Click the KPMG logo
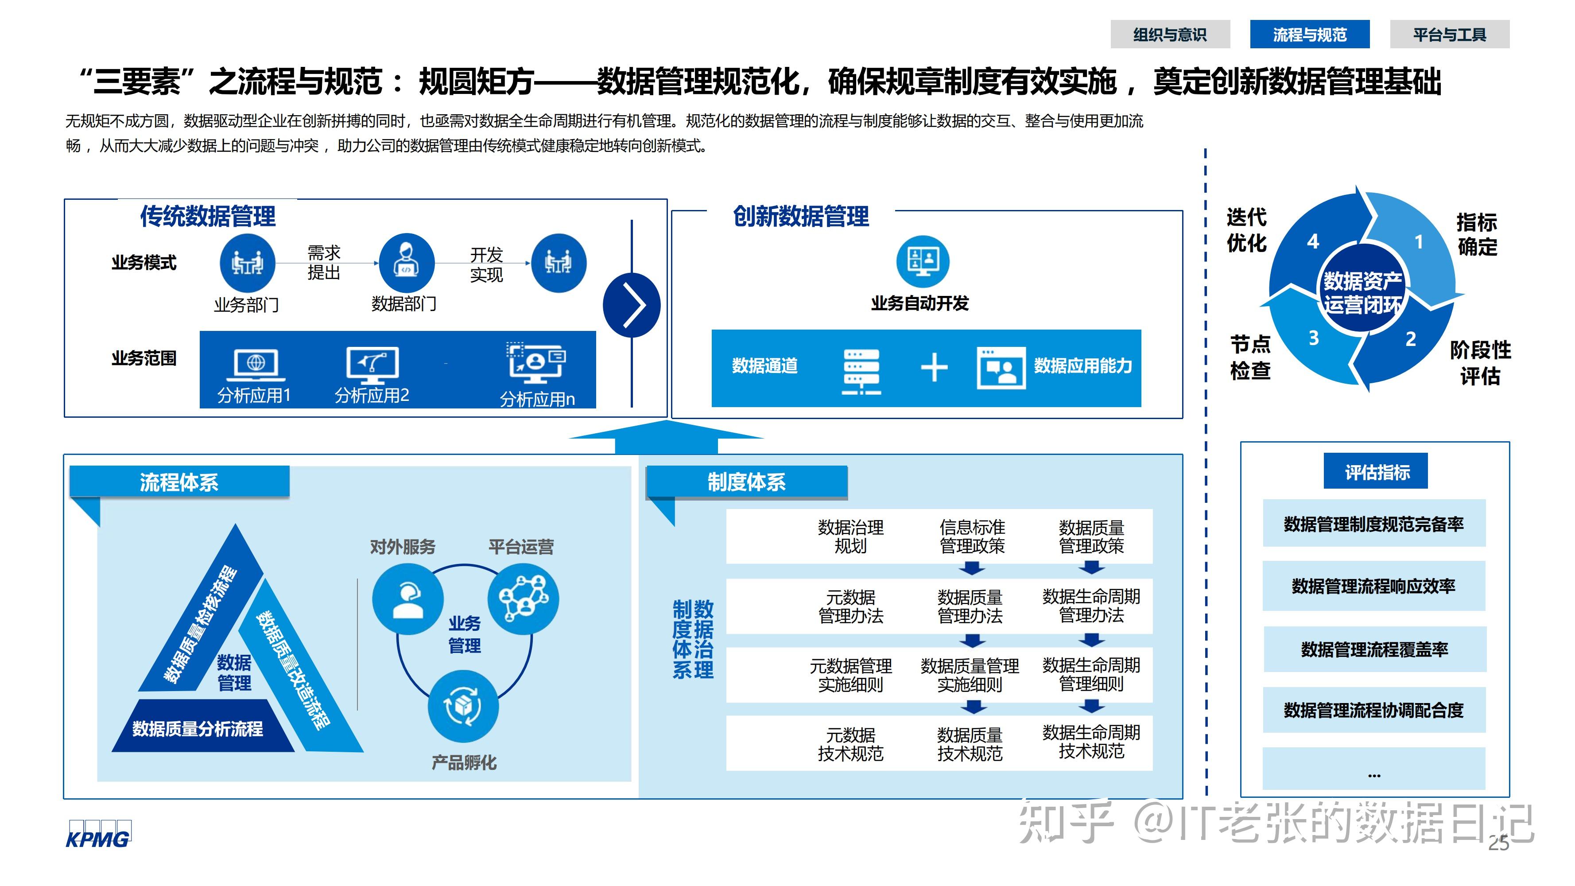98,835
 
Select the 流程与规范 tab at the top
1309,34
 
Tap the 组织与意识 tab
1170,34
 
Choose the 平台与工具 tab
1449,34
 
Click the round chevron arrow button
632,305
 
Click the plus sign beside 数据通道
934,368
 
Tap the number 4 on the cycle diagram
1313,241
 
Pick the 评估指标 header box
1376,471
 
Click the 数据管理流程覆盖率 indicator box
1374,649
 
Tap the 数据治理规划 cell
850,536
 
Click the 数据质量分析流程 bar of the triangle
198,728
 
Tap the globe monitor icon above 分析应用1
256,364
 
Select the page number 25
1498,843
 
